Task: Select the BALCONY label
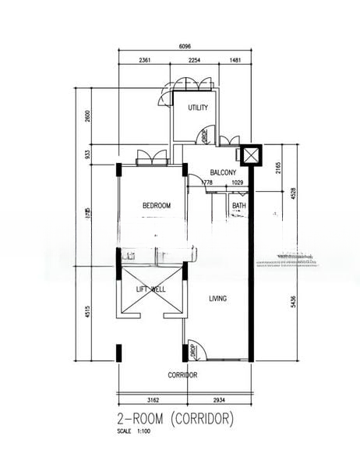(224, 172)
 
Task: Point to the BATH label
(238, 206)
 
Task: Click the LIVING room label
(217, 298)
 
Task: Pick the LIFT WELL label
(150, 289)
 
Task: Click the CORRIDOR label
(182, 375)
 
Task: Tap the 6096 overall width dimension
(185, 47)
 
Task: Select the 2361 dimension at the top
(145, 59)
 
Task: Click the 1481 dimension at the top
(236, 59)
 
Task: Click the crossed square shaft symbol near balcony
(251, 154)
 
